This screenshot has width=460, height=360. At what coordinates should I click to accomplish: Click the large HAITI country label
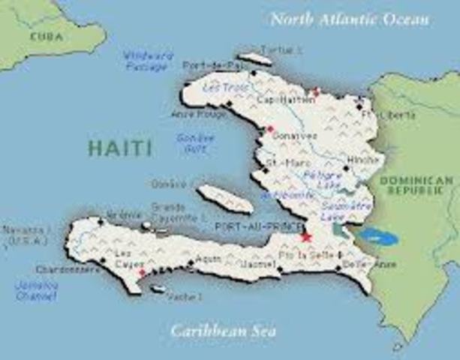[120, 146]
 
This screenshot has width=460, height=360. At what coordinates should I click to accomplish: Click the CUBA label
[46, 35]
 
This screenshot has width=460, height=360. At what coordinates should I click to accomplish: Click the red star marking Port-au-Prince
[305, 237]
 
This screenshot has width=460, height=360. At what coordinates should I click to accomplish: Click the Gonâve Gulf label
[194, 142]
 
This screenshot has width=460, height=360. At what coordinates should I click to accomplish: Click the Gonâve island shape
[224, 198]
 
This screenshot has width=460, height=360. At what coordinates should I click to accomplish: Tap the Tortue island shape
[255, 58]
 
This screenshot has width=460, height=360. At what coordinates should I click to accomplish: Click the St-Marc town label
[284, 162]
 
